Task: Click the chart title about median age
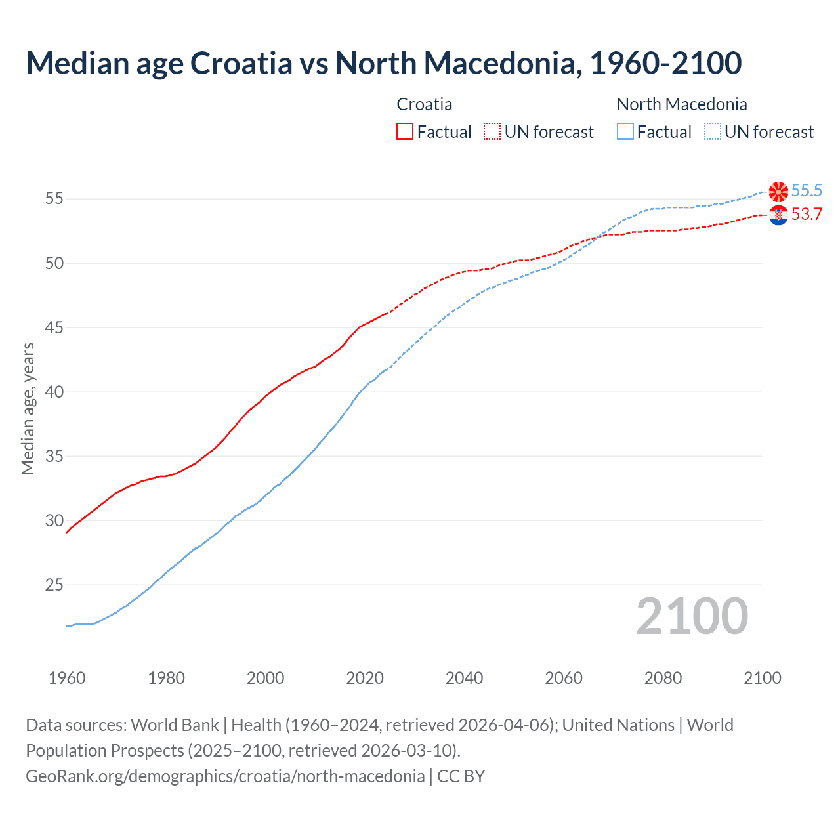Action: (384, 63)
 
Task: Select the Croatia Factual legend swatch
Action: (405, 131)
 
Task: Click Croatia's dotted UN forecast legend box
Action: (492, 131)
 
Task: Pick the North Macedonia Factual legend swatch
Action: (625, 131)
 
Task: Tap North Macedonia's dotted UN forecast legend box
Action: (713, 131)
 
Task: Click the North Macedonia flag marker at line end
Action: (778, 191)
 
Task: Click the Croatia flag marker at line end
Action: (778, 215)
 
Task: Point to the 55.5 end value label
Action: (807, 191)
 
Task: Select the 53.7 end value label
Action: (807, 215)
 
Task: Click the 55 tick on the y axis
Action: (54, 198)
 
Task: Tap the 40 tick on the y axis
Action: (54, 392)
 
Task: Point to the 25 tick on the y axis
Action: (54, 585)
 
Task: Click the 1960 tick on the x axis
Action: (67, 678)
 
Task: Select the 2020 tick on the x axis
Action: (365, 678)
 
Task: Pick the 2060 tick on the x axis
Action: (564, 678)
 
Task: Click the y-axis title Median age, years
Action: (28, 408)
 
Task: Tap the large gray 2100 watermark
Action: (692, 616)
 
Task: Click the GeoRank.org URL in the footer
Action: (225, 776)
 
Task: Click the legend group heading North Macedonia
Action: (682, 104)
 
